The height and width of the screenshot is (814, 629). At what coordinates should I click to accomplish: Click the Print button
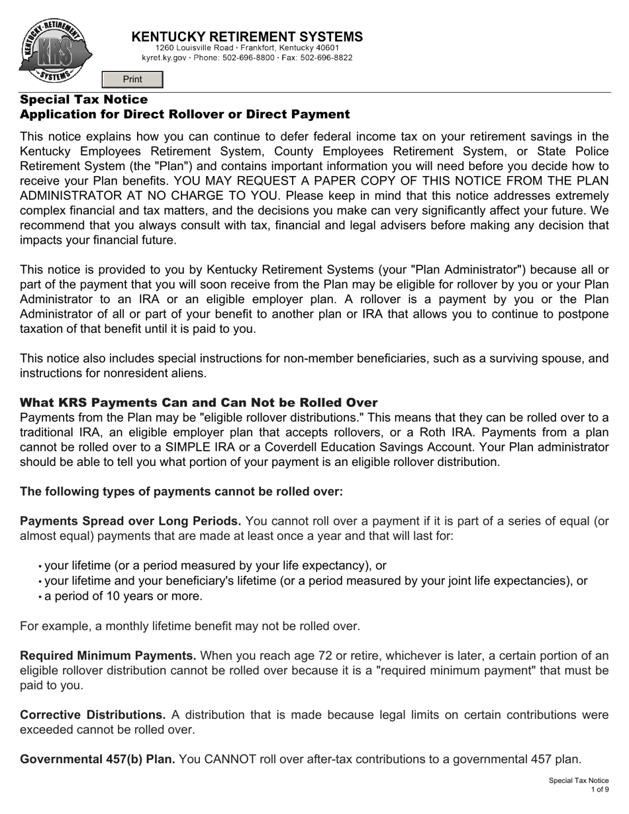pos(132,79)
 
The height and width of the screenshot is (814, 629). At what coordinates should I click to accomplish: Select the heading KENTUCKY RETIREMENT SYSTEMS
pos(247,37)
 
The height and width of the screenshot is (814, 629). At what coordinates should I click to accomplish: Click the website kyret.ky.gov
pos(164,58)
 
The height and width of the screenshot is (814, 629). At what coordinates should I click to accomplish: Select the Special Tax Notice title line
pos(84,99)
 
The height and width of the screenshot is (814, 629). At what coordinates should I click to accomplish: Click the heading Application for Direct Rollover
pos(185,114)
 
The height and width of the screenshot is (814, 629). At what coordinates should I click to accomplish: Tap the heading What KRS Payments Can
pos(199,402)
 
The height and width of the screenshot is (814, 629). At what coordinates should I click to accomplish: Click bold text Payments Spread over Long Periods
pos(130,521)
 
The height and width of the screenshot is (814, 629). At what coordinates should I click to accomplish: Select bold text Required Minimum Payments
pos(108,656)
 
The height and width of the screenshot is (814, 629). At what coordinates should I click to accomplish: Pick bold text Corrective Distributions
pos(93,715)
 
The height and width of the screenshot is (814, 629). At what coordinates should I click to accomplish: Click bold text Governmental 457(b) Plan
pos(97,759)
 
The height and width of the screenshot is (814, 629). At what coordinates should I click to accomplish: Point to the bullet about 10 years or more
pos(123,596)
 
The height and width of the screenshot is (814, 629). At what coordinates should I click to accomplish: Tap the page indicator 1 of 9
pos(600,790)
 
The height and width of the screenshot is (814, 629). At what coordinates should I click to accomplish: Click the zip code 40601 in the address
pos(327,48)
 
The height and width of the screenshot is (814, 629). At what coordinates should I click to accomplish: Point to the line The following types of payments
pos(181,491)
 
